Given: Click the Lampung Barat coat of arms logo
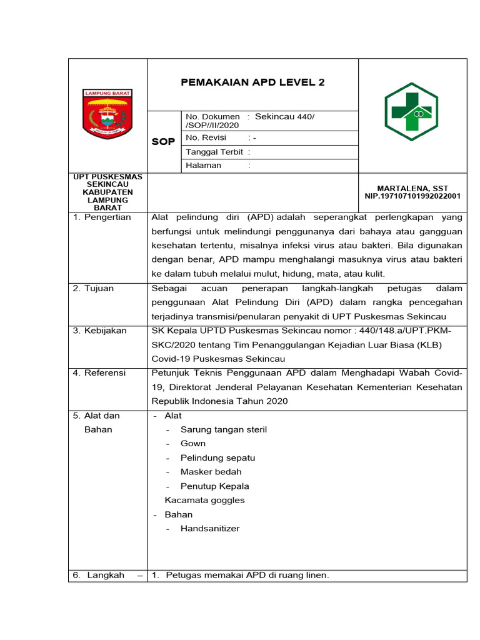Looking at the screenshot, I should (x=107, y=113).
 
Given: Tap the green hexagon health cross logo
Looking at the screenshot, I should (x=411, y=112).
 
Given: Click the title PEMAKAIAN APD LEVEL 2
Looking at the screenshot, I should (x=252, y=82).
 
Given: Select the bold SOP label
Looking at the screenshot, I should (x=164, y=142).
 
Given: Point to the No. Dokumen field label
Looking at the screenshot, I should (x=212, y=117).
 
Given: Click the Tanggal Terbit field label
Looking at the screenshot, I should (x=214, y=152).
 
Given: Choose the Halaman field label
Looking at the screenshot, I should (x=204, y=166).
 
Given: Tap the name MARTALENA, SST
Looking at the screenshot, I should (x=412, y=188).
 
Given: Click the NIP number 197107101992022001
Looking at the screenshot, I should (x=412, y=196).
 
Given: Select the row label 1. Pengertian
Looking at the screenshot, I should (x=102, y=217).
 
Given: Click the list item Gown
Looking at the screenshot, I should (x=192, y=444).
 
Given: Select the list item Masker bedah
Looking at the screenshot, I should (x=211, y=472).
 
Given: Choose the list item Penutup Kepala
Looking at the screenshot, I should (x=214, y=486).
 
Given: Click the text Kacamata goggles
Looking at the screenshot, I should (x=204, y=500).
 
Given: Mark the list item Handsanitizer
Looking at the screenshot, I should (x=209, y=529).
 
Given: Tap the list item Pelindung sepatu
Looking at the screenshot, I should (x=217, y=457).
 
